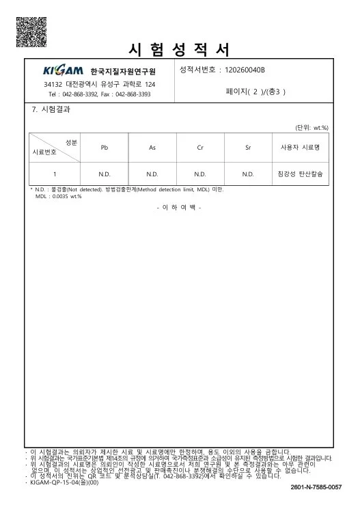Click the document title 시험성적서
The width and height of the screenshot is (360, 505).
179,49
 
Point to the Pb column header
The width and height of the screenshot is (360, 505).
105,147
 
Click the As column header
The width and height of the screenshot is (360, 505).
152,147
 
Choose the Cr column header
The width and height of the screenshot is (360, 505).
200,147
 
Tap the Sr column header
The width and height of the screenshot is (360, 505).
248,147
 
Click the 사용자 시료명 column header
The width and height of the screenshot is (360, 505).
301,147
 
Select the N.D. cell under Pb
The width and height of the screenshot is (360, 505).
105,174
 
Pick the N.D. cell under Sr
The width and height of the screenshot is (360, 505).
248,174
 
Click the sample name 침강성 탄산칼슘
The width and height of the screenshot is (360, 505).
301,174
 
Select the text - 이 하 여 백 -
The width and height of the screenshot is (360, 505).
179,206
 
